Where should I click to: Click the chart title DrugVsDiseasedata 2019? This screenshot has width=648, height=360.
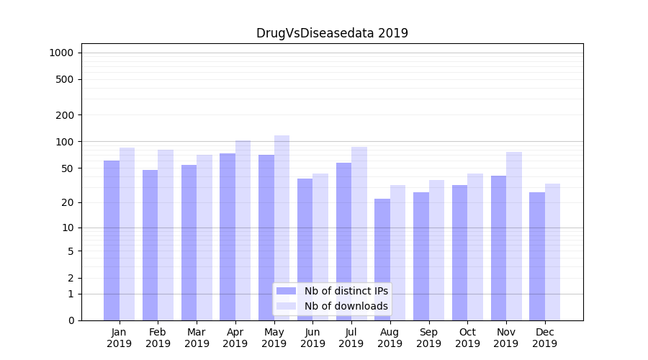pyautogui.click(x=332, y=33)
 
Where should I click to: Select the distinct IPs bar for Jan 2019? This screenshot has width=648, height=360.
pyautogui.click(x=112, y=240)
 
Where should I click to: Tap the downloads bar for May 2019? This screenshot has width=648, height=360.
pyautogui.click(x=282, y=228)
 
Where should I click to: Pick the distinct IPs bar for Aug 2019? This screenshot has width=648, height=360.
pyautogui.click(x=382, y=259)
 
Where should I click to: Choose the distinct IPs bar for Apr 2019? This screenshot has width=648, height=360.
pyautogui.click(x=228, y=237)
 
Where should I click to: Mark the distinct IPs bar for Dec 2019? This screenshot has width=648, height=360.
pyautogui.click(x=537, y=256)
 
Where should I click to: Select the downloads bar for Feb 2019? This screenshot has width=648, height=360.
pyautogui.click(x=166, y=235)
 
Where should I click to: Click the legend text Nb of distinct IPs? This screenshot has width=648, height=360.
pyautogui.click(x=346, y=291)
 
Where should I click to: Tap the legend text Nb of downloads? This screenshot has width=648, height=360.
pyautogui.click(x=346, y=306)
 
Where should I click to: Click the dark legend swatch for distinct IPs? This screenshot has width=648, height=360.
pyautogui.click(x=287, y=291)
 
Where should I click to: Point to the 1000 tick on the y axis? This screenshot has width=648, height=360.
pyautogui.click(x=61, y=53)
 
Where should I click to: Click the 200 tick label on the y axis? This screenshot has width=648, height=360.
pyautogui.click(x=65, y=115)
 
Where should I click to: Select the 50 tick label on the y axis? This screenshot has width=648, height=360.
pyautogui.click(x=68, y=168)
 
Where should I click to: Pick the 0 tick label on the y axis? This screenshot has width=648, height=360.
pyautogui.click(x=71, y=320)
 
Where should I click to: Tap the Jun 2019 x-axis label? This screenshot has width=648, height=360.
pyautogui.click(x=312, y=338)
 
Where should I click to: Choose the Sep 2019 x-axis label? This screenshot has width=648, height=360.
pyautogui.click(x=428, y=338)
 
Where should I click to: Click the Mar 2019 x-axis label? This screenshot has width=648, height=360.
pyautogui.click(x=197, y=338)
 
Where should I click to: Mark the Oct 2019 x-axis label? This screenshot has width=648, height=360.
pyautogui.click(x=467, y=338)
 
